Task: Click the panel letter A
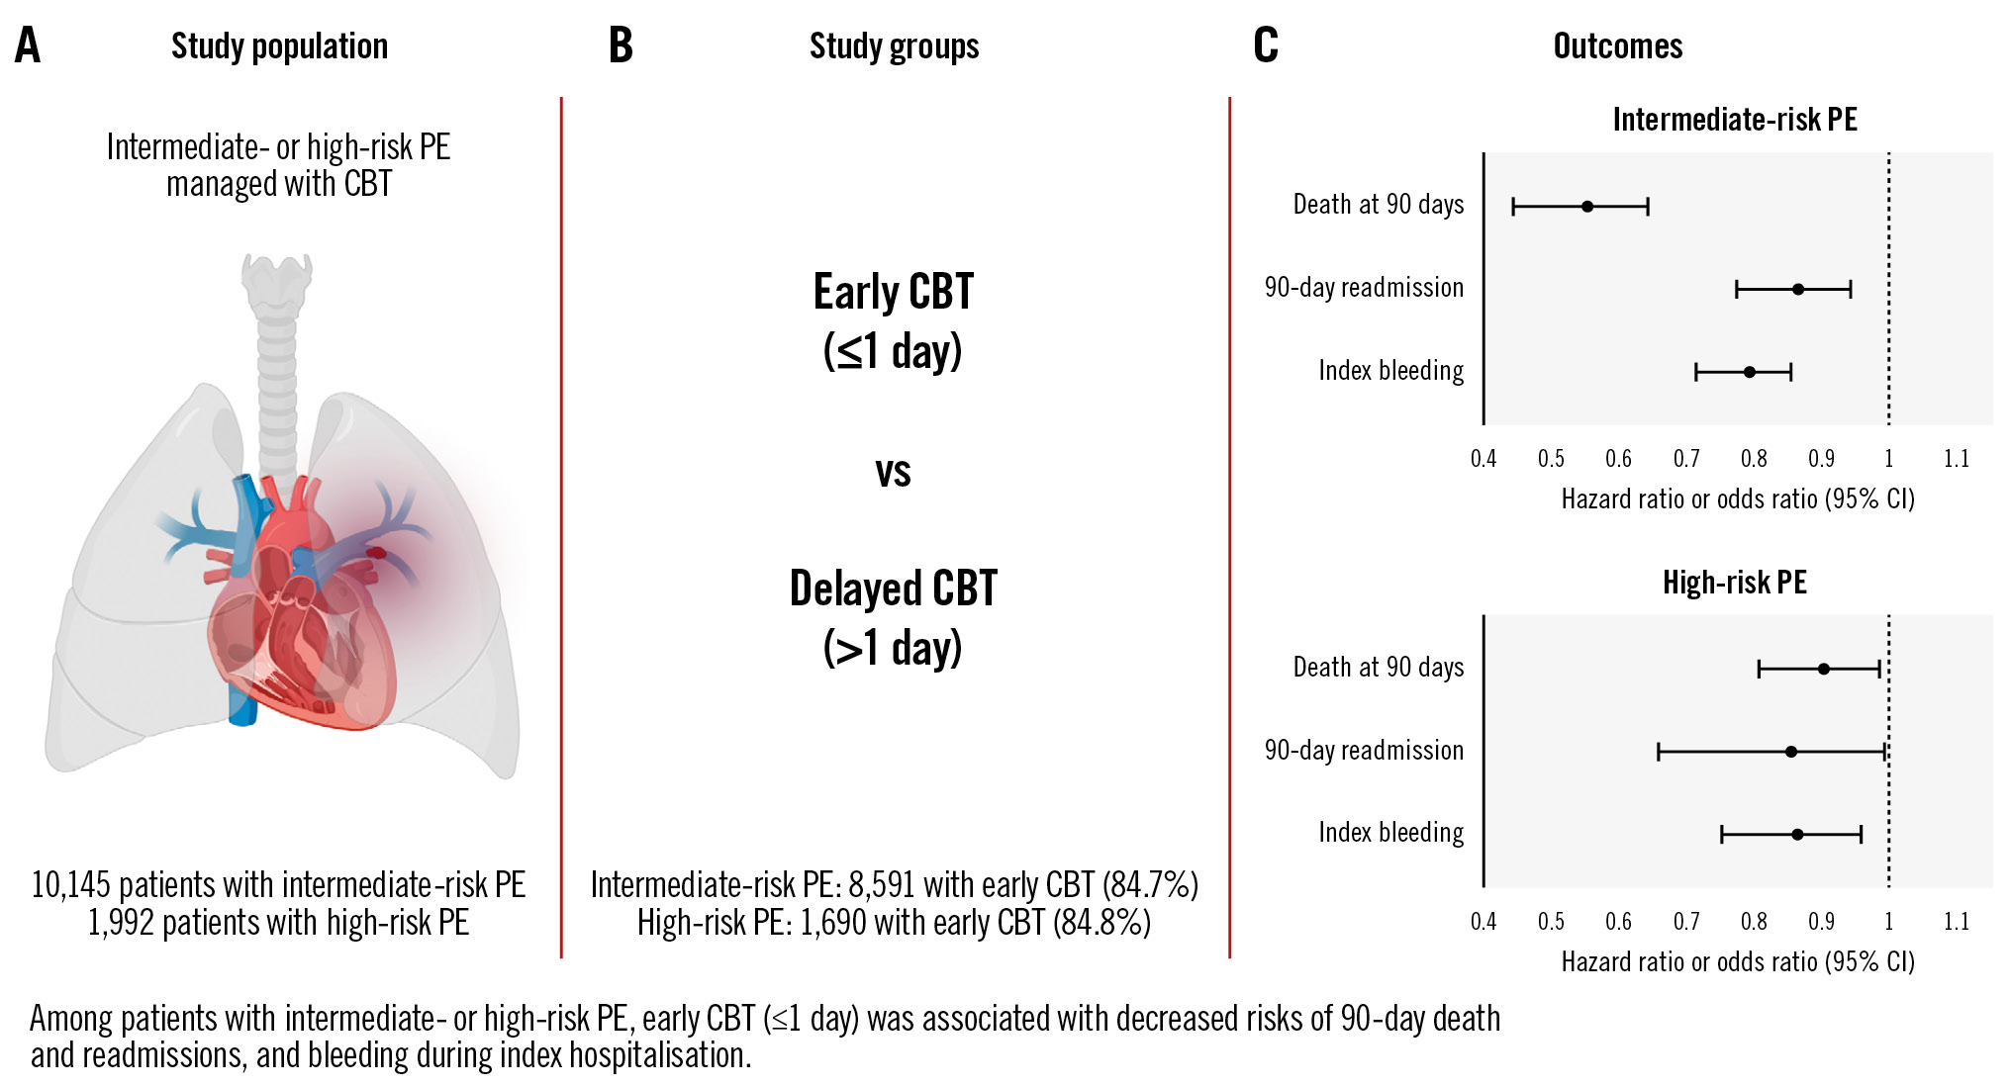pyautogui.click(x=28, y=45)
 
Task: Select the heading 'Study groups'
pyautogui.click(x=894, y=45)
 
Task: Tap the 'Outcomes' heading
pyautogui.click(x=1617, y=45)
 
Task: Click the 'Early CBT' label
pyautogui.click(x=894, y=292)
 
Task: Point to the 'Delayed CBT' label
pyautogui.click(x=894, y=589)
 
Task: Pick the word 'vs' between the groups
pyautogui.click(x=893, y=472)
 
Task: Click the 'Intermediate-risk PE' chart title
pyautogui.click(x=1735, y=120)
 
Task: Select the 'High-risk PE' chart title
pyautogui.click(x=1735, y=583)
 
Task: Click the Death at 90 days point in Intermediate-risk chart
pyautogui.click(x=1587, y=207)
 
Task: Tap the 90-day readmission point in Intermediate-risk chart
pyautogui.click(x=1798, y=290)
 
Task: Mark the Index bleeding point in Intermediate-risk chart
pyautogui.click(x=1750, y=373)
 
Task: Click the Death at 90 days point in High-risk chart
pyautogui.click(x=1824, y=670)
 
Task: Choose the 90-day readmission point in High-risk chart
pyautogui.click(x=1791, y=752)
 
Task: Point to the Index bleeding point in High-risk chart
pyautogui.click(x=1797, y=835)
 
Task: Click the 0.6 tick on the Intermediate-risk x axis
pyautogui.click(x=1619, y=459)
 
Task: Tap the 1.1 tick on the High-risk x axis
pyautogui.click(x=1957, y=922)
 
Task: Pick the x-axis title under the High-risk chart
pyautogui.click(x=1738, y=962)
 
